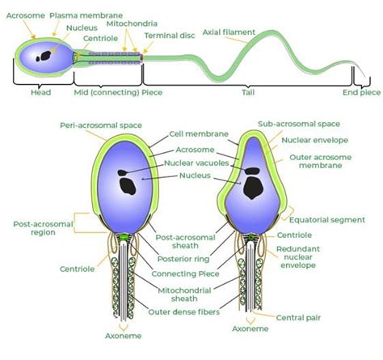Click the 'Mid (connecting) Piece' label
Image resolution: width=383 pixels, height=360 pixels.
pos(108,92)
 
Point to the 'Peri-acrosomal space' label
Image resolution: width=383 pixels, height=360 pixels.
pos(91,125)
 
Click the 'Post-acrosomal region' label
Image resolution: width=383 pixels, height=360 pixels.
pos(34,227)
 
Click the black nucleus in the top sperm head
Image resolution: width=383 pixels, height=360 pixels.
pos(49,57)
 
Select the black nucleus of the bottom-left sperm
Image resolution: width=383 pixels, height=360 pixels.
pos(128,184)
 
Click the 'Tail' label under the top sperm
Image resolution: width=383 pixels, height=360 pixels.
pos(247,92)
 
